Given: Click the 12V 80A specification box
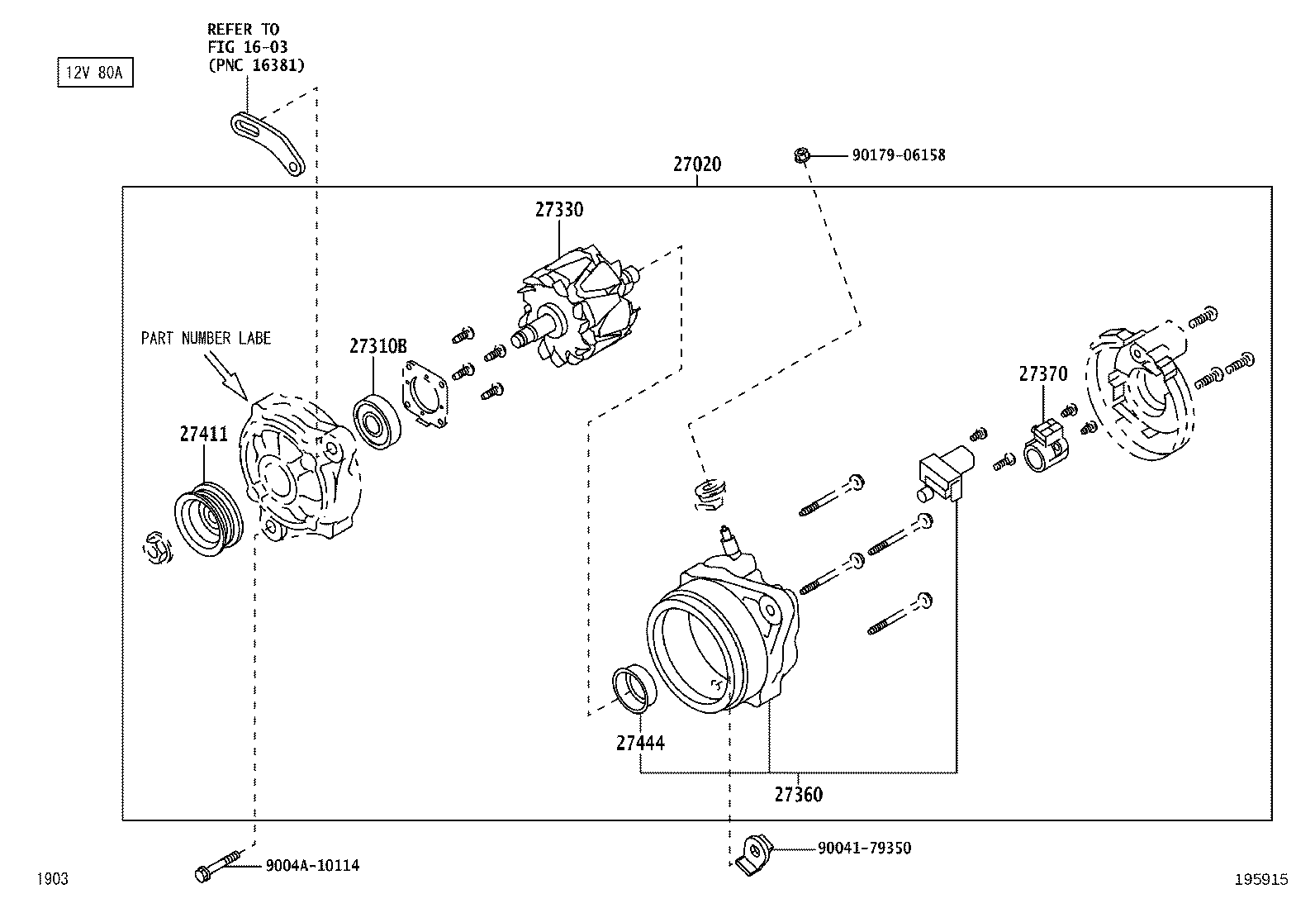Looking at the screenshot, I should click(94, 74).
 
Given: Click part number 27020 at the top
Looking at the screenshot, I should click(696, 164).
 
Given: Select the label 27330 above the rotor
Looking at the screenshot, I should click(558, 210).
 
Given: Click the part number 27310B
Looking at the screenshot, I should click(377, 346).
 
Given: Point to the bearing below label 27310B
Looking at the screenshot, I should click(377, 423).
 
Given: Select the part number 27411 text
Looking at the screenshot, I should click(203, 434).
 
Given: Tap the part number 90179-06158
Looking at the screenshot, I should click(898, 155).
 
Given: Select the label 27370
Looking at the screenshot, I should click(1042, 374).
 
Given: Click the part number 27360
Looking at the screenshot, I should click(798, 795).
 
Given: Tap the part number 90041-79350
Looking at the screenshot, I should click(864, 848).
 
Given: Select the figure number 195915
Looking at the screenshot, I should click(1260, 880).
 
